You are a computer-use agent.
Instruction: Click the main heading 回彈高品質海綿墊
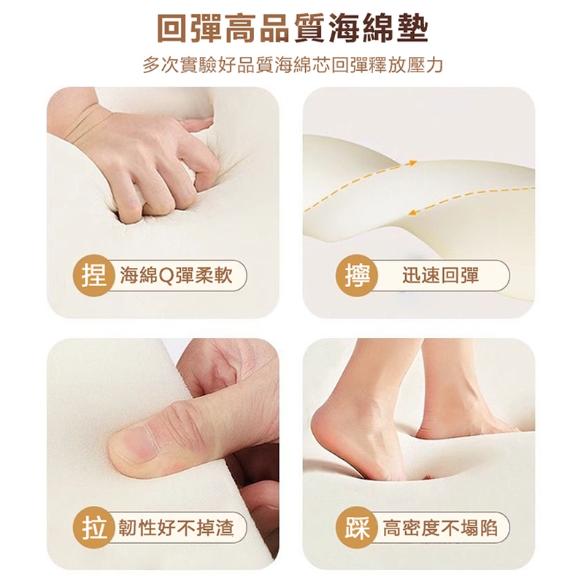(x=293, y=28)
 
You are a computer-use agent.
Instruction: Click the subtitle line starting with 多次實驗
(x=293, y=65)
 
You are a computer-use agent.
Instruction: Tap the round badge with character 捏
(x=93, y=276)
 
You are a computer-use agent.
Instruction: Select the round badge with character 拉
(x=93, y=528)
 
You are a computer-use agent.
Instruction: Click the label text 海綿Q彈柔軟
(x=176, y=276)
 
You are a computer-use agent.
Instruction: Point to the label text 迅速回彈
(x=440, y=276)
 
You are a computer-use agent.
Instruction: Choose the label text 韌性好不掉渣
(x=176, y=528)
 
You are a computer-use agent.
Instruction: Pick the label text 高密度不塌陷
(x=440, y=528)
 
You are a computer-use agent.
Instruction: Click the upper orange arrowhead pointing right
(x=412, y=163)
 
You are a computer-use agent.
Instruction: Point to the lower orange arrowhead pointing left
(x=413, y=213)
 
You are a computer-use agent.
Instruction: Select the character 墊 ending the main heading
(x=412, y=28)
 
